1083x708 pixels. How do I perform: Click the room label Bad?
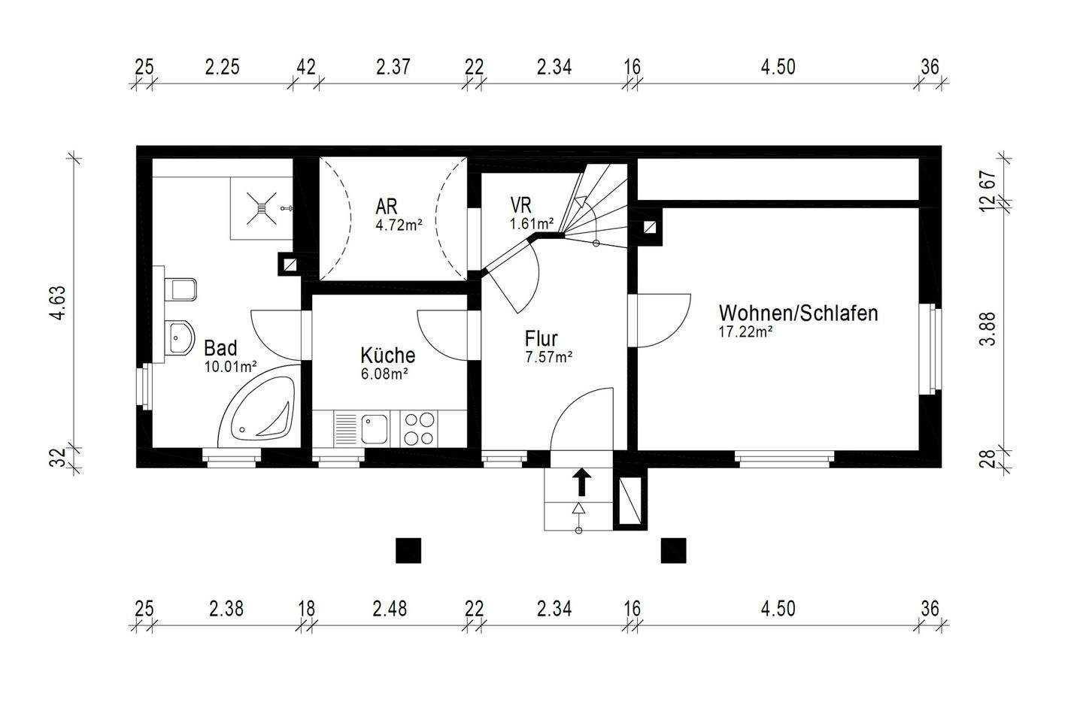pos(220,348)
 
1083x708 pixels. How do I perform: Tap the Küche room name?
pos(387,355)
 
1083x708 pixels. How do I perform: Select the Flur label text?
pos(541,338)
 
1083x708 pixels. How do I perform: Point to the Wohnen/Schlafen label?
pos(798,313)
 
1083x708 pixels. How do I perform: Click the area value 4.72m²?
pos(399,223)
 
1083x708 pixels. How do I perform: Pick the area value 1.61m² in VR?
pos(531,223)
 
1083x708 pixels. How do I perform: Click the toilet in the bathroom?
pos(180,289)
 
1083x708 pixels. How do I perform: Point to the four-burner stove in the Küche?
pos(418,429)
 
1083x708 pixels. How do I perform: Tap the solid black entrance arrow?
pos(581,481)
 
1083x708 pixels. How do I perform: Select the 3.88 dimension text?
pos(989,328)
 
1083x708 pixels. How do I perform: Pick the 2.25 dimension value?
pos(222,67)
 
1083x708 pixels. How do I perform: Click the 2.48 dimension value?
pos(389,608)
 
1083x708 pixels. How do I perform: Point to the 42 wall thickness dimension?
pos(305,67)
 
